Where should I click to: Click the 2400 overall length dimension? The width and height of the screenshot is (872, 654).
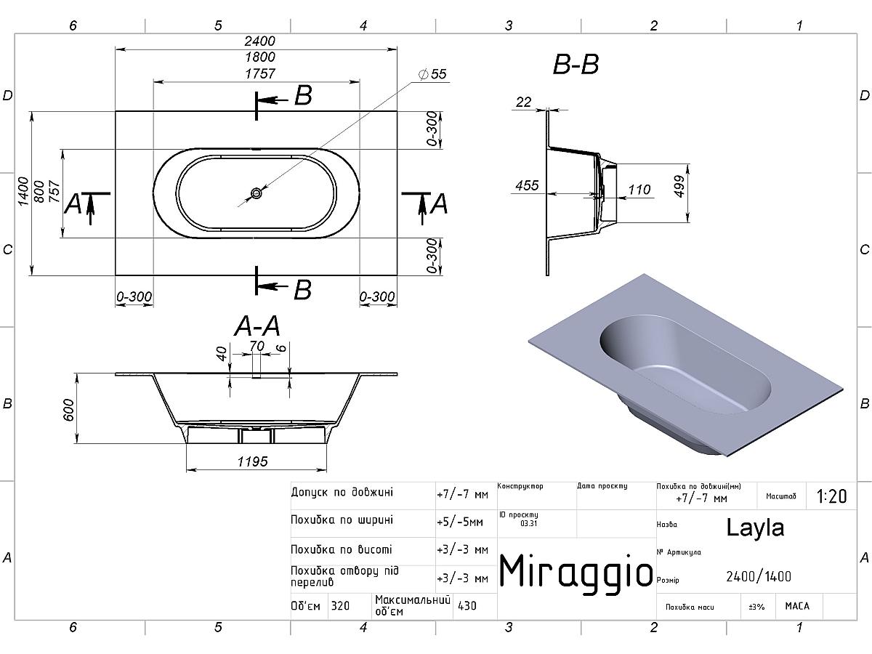pos(260,41)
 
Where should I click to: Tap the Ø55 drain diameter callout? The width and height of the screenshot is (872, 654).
pos(432,74)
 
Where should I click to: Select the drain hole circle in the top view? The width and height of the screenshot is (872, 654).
pos(257,193)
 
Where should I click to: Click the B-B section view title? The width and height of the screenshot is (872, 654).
pos(576,65)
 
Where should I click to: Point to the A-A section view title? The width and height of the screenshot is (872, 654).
pos(257,326)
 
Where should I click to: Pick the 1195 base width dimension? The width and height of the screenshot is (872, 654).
pos(253,461)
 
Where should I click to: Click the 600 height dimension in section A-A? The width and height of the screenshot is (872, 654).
pos(69,410)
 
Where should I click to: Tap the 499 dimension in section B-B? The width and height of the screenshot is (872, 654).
pos(679,186)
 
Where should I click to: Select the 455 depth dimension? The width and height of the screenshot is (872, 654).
pos(527,185)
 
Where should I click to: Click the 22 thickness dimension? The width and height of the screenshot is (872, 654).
pos(524,102)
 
